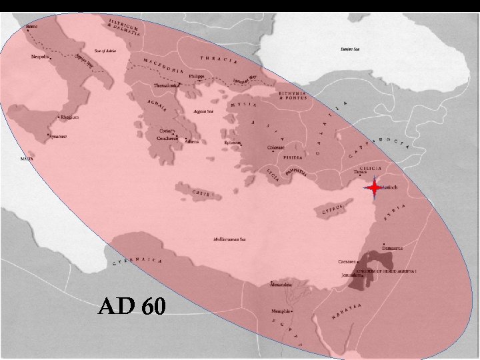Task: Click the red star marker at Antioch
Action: [x=375, y=189]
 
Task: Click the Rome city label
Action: [x=32, y=27]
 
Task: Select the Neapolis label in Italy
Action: [x=40, y=57]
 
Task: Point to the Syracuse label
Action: [x=58, y=137]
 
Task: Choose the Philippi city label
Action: [x=195, y=77]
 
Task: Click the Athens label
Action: [x=191, y=141]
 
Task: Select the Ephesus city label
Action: [x=233, y=142]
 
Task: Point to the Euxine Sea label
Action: [x=350, y=49]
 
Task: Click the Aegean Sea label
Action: [x=203, y=112]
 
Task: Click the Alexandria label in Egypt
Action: [x=280, y=285]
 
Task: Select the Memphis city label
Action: [x=281, y=311]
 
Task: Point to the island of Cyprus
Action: [x=331, y=211]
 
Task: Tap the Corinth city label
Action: [x=167, y=131]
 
